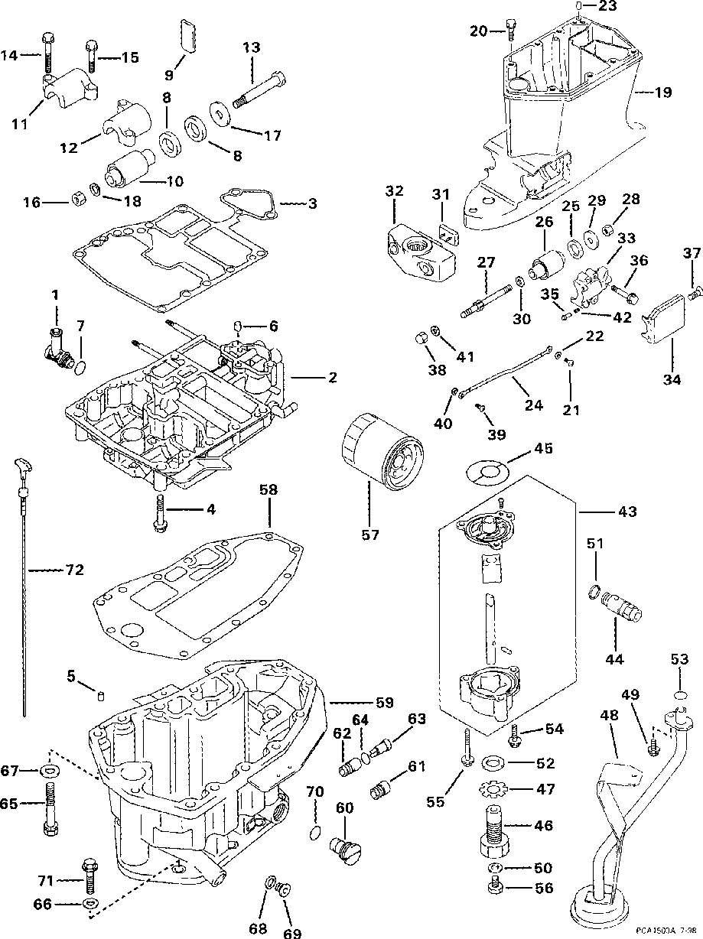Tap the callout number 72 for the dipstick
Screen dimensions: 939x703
[x=74, y=570]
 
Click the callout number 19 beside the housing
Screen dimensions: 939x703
[x=663, y=93]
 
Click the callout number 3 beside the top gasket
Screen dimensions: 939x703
[x=312, y=203]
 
